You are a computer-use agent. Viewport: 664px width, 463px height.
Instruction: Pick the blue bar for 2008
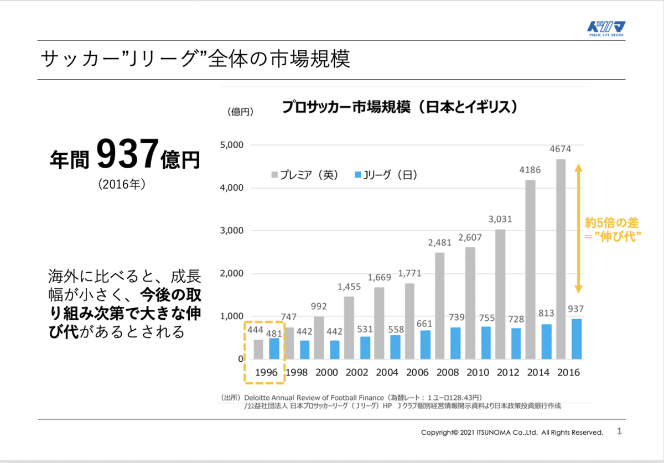(455, 343)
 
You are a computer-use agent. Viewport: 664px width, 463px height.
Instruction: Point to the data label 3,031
(501, 219)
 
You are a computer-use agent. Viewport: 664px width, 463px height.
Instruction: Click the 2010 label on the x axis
(478, 372)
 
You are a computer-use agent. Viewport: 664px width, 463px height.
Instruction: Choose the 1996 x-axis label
(266, 372)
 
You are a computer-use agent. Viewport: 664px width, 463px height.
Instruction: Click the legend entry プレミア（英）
(304, 175)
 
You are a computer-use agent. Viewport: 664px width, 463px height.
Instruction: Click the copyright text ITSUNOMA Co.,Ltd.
(512, 432)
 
